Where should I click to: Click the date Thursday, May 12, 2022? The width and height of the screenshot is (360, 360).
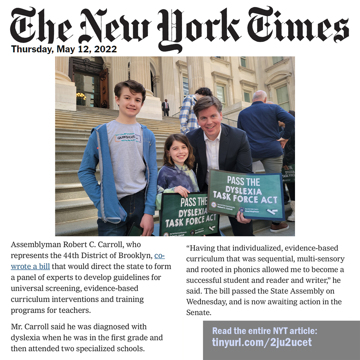pyautogui.click(x=64, y=49)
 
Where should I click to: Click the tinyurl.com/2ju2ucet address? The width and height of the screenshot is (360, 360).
pyautogui.click(x=262, y=342)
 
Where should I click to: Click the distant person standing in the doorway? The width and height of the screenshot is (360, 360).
pyautogui.click(x=165, y=107)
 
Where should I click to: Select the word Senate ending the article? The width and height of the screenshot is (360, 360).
pyautogui.click(x=198, y=313)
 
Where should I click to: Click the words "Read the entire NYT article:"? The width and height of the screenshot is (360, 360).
pyautogui.click(x=265, y=331)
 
